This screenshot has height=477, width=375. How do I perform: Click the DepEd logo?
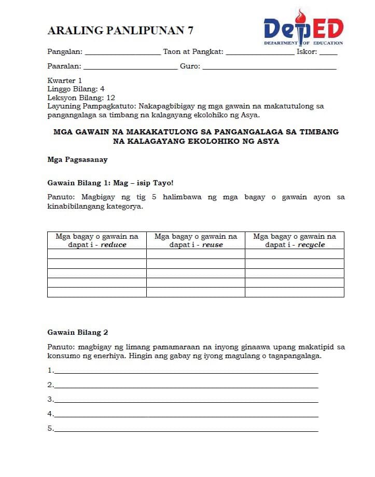click(x=303, y=28)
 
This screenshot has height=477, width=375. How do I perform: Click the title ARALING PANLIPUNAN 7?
click(x=120, y=31)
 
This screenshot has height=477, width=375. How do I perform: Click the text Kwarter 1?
click(x=65, y=80)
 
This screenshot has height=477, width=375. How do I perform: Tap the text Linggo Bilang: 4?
click(x=76, y=89)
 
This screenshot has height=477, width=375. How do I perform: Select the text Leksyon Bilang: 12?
click(x=81, y=98)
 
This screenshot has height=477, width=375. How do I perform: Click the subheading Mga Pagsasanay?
click(x=77, y=159)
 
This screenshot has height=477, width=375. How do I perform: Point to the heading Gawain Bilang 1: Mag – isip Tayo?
click(x=109, y=183)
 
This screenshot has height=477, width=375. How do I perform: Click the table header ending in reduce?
click(x=97, y=240)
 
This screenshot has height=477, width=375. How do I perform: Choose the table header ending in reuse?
click(x=196, y=240)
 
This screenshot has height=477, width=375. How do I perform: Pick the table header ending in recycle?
click(x=295, y=240)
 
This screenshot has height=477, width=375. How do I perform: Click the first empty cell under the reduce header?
click(x=97, y=254)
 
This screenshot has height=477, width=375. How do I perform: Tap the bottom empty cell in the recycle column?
click(x=295, y=292)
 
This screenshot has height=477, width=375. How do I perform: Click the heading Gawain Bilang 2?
click(x=78, y=332)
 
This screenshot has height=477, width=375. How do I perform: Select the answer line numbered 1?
click(x=186, y=371)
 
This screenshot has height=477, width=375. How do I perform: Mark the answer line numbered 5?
click(x=186, y=429)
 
